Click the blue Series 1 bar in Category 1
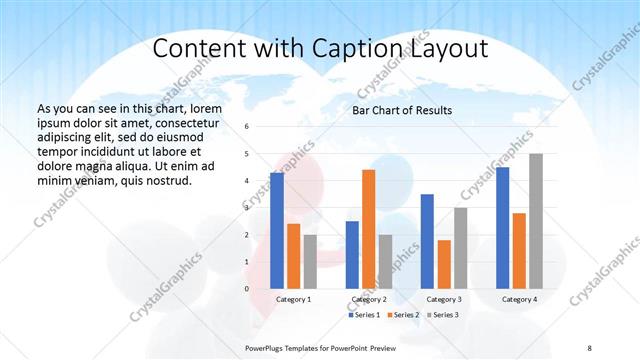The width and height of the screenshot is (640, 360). click(277, 230)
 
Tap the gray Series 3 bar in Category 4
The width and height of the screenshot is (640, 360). click(536, 221)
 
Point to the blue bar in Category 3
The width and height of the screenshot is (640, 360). click(427, 241)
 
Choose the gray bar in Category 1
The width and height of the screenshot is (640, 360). click(310, 261)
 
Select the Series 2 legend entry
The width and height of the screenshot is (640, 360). click(403, 315)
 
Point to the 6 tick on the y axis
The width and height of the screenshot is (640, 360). click(247, 127)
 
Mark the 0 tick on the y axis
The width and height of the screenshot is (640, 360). click(247, 288)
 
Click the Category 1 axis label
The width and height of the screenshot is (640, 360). click(293, 299)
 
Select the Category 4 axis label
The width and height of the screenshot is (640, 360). click(519, 299)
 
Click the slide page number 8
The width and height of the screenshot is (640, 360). click(589, 347)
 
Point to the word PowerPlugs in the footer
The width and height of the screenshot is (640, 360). click(268, 347)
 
